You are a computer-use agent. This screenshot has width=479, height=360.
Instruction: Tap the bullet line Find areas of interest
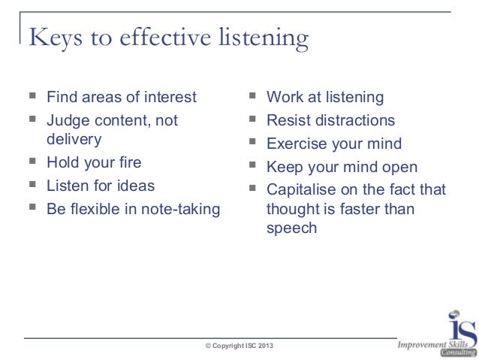[x=121, y=97]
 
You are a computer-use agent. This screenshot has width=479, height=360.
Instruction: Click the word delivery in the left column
[x=74, y=139]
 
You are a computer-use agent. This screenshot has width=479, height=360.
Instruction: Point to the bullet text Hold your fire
[x=94, y=162]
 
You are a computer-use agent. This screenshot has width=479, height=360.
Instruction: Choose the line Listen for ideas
[x=101, y=185]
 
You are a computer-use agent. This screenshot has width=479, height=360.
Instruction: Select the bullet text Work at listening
[x=324, y=97]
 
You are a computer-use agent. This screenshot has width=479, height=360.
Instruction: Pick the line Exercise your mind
[x=334, y=144]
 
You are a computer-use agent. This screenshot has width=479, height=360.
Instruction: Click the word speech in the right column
[x=291, y=228]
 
